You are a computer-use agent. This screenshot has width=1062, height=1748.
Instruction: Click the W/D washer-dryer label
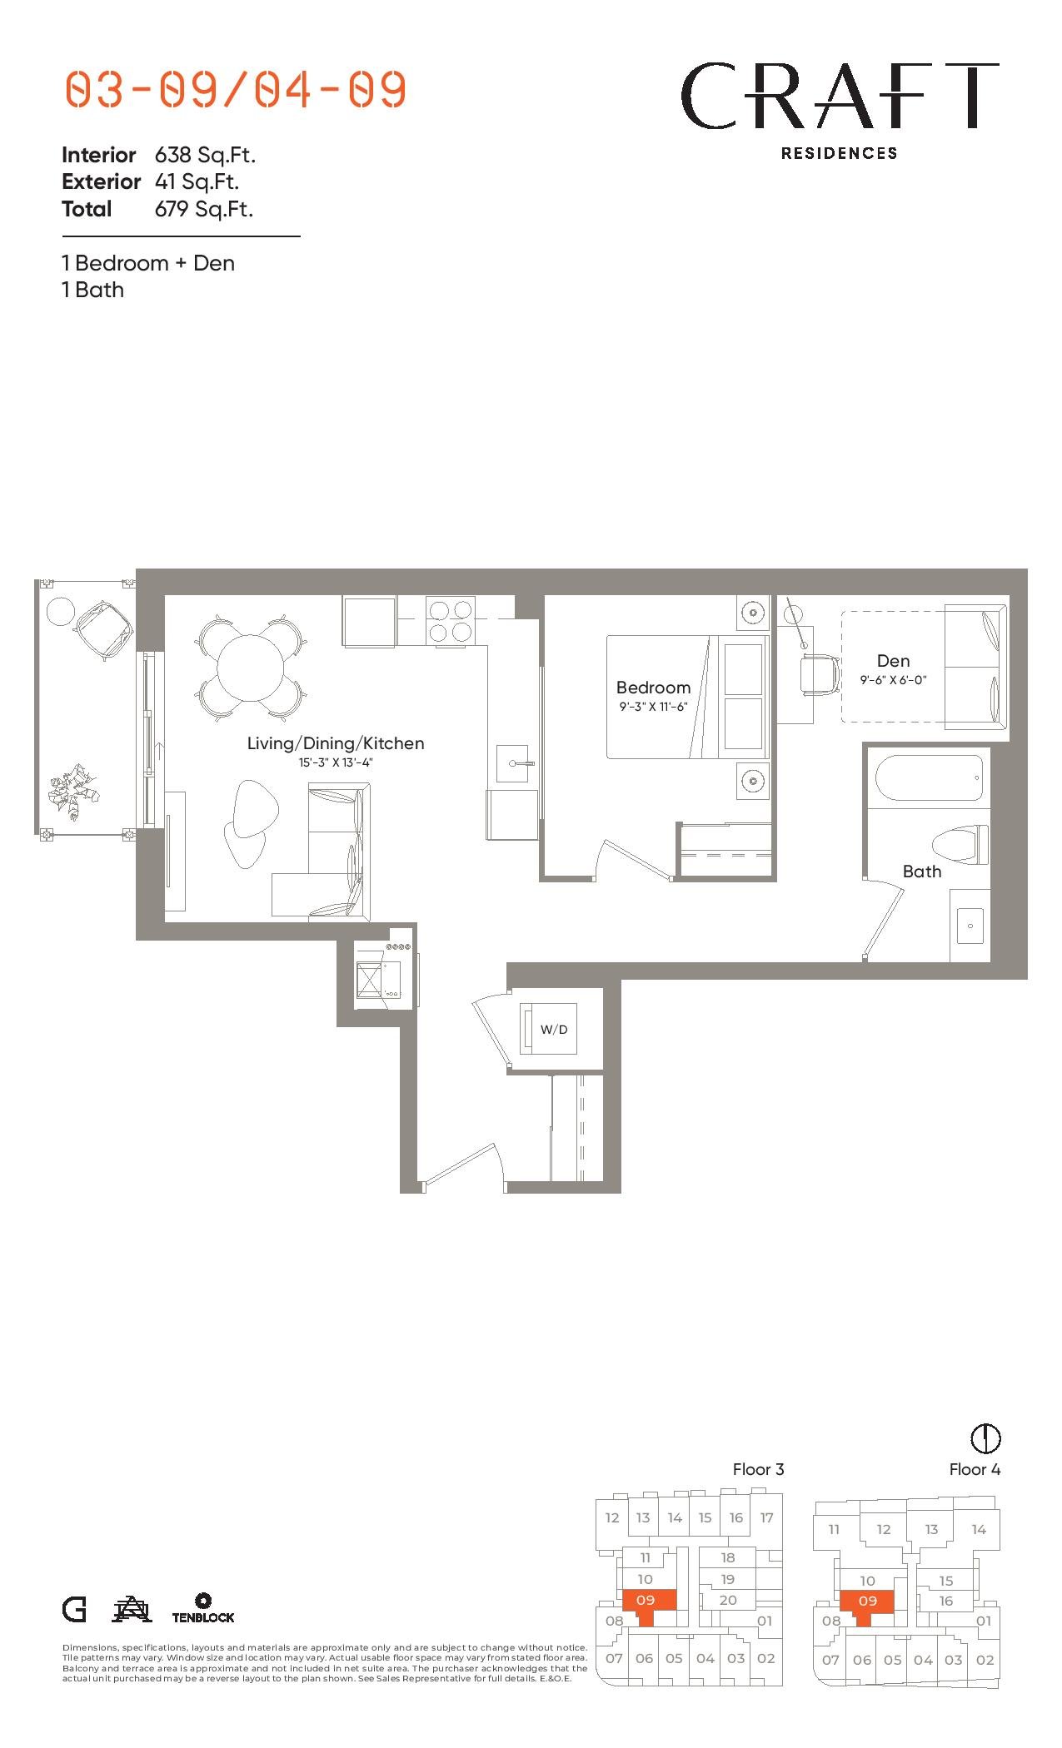[554, 1029]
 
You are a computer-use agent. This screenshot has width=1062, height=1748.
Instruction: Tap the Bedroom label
[653, 688]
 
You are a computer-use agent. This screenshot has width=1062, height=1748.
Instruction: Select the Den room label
[893, 661]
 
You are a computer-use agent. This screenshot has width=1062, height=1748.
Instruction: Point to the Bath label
[922, 872]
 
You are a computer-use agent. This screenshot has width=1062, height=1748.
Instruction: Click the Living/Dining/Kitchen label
[336, 743]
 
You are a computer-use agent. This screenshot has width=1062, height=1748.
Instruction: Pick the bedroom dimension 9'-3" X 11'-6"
[653, 707]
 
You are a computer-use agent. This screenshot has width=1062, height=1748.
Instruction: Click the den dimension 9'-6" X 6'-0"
[893, 680]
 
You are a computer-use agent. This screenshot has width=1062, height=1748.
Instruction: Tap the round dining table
[251, 668]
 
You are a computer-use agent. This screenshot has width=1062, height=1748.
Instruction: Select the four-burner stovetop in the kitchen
[450, 621]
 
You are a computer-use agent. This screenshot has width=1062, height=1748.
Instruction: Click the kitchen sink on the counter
[512, 763]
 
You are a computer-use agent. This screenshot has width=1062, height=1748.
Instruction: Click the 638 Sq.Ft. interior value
[205, 155]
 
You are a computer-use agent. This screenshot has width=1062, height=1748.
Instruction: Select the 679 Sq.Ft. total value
[204, 209]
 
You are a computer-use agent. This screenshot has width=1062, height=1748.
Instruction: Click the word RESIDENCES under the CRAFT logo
[840, 153]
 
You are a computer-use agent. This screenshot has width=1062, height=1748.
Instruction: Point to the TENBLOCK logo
[203, 1608]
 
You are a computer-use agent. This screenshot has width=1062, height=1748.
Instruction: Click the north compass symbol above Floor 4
[986, 1438]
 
